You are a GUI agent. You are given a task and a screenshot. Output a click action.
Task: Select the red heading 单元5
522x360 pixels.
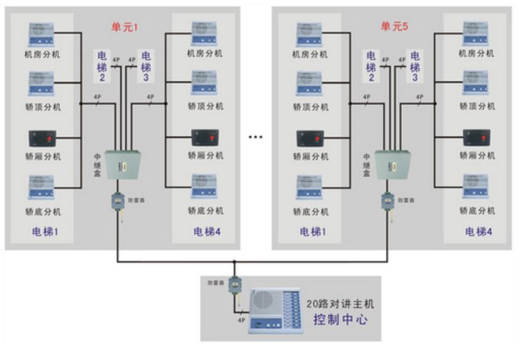point(393,27)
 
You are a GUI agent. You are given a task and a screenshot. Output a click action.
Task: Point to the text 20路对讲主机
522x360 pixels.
point(342,303)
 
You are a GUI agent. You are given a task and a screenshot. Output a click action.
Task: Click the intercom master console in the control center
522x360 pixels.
point(277,311)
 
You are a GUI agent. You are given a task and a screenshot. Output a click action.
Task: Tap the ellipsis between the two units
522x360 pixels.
point(255,138)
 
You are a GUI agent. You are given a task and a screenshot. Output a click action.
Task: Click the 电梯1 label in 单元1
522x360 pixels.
point(46,231)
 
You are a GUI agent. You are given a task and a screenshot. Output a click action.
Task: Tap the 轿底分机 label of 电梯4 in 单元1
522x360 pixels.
point(206,211)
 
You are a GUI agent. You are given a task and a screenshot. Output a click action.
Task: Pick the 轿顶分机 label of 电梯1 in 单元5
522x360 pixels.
point(311,107)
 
